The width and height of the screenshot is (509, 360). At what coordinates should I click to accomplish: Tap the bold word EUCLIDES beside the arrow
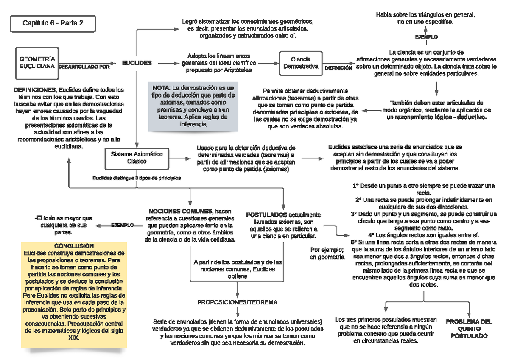click(x=137, y=63)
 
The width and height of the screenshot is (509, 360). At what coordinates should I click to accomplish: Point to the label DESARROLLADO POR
click(x=84, y=67)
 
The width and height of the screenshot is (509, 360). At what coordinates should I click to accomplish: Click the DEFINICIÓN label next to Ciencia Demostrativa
click(x=338, y=67)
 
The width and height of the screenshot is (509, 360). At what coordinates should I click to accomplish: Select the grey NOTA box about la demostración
click(x=191, y=106)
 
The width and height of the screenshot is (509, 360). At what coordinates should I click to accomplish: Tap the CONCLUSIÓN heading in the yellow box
click(x=74, y=246)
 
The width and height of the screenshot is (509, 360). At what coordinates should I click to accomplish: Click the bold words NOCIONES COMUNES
click(x=180, y=211)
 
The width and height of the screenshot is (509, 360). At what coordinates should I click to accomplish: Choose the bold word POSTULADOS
click(x=266, y=215)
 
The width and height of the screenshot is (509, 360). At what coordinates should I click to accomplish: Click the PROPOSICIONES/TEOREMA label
click(x=237, y=302)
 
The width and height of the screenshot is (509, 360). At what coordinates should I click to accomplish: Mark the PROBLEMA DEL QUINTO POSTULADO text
click(x=469, y=328)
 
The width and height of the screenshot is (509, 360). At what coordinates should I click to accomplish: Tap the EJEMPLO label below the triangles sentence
click(x=426, y=37)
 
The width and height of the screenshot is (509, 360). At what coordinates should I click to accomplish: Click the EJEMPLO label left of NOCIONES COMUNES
click(x=122, y=225)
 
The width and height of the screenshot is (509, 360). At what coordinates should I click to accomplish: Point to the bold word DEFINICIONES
click(x=35, y=90)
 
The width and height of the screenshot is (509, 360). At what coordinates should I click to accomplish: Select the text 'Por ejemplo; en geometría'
click(x=327, y=253)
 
